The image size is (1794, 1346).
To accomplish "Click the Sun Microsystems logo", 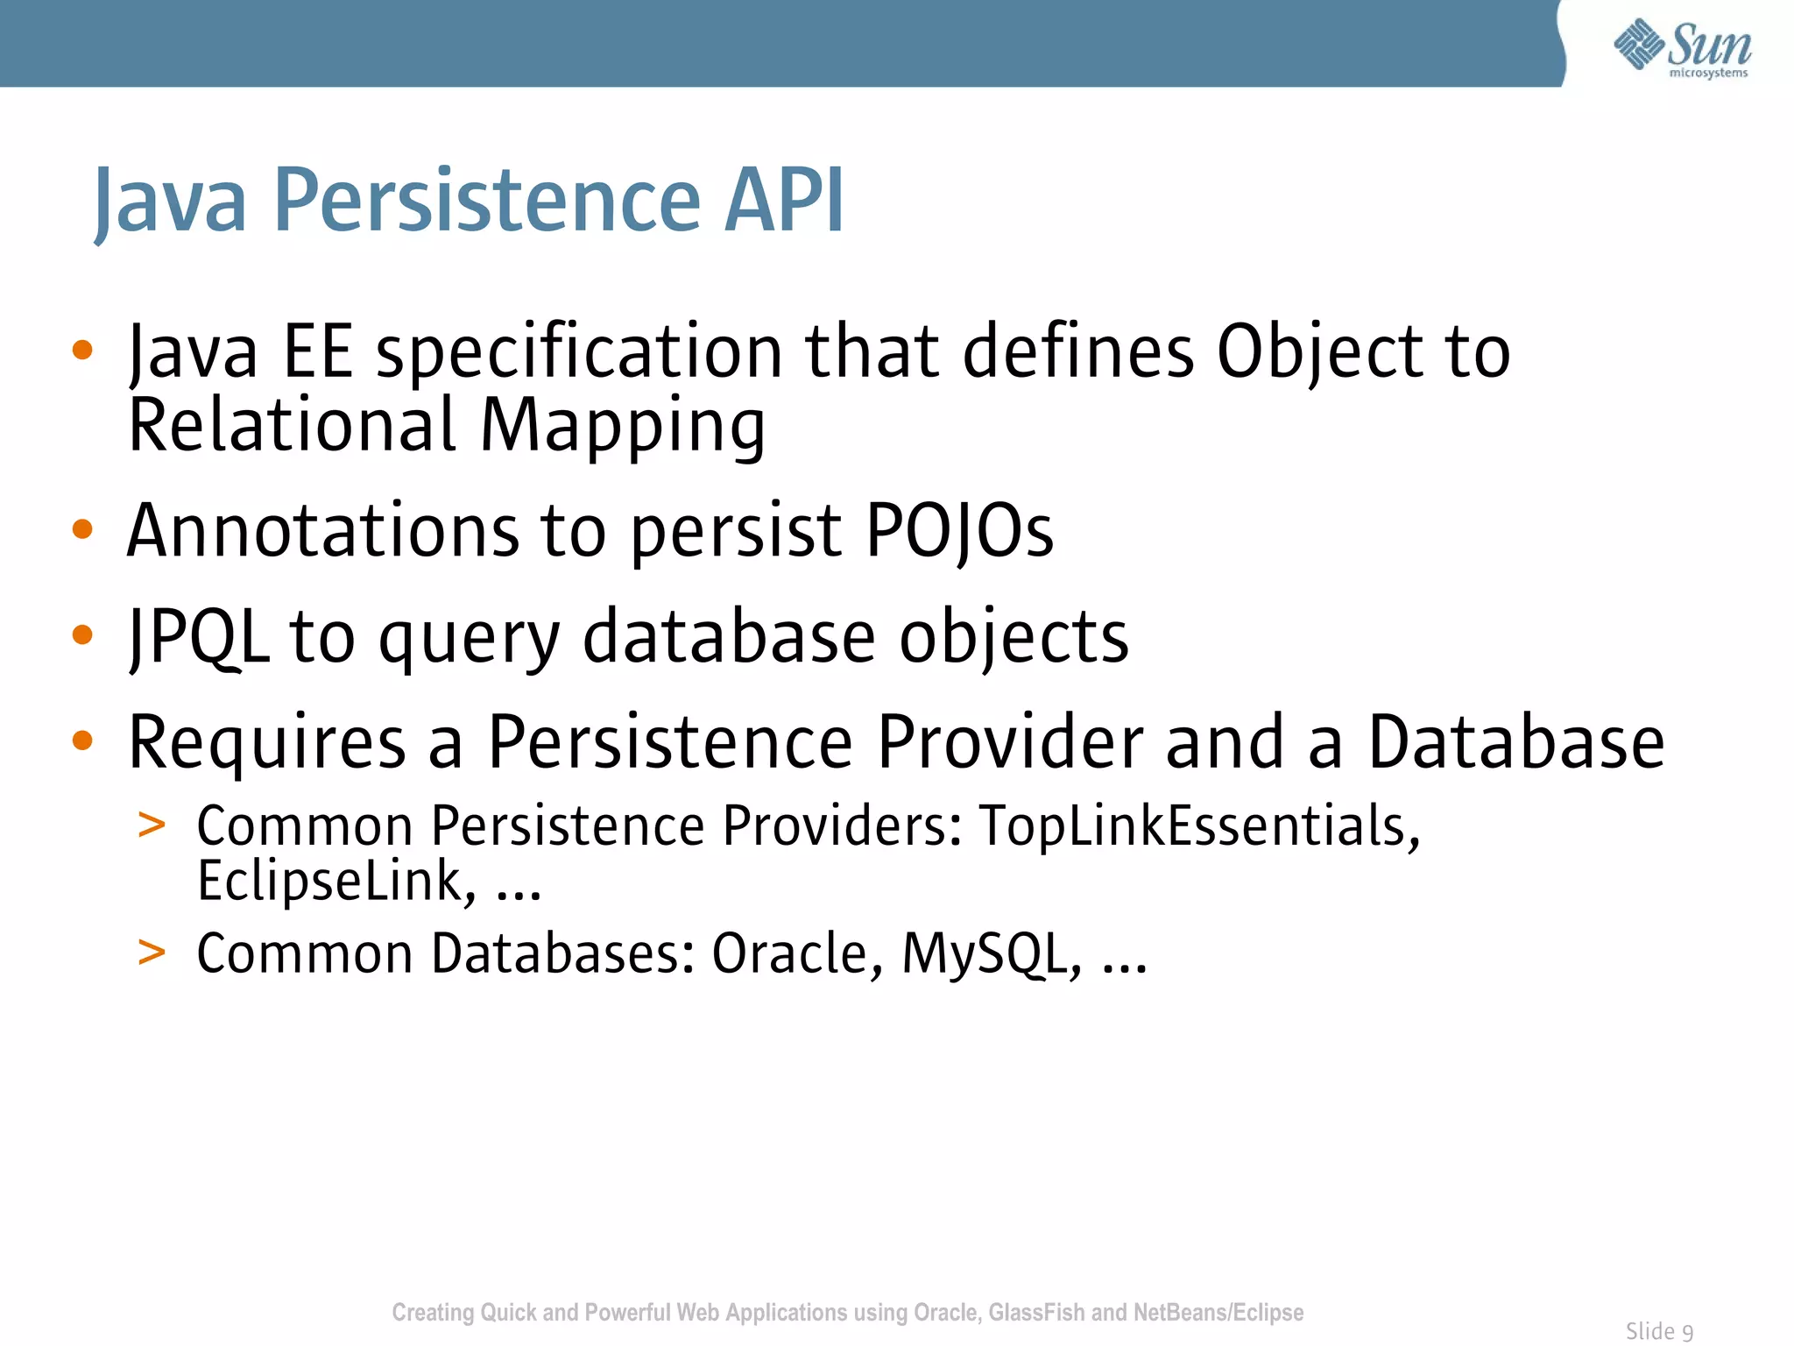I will click(1682, 48).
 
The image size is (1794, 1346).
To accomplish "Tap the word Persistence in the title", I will click(487, 201).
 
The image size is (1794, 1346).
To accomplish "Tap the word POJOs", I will click(959, 531).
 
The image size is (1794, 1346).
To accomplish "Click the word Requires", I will click(267, 743).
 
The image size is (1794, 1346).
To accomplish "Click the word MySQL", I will click(991, 954).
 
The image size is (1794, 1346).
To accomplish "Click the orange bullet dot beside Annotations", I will click(82, 529).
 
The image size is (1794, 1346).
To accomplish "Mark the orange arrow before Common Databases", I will click(152, 952).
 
